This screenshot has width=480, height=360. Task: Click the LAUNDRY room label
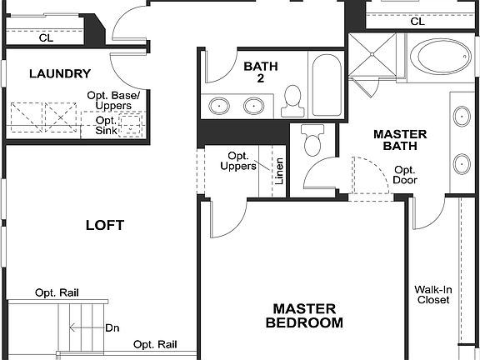(58, 73)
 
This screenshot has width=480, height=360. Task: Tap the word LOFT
(105, 225)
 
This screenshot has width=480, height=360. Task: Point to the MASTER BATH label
(399, 140)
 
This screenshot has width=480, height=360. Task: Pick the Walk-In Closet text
(432, 295)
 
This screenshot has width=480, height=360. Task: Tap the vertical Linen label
(280, 172)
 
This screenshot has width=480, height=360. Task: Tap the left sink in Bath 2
(220, 106)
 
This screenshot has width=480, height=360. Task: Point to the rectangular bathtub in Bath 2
(325, 82)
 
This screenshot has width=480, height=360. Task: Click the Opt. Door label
(405, 175)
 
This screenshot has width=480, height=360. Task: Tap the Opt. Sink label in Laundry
(105, 126)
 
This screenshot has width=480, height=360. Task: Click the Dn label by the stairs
(112, 327)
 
